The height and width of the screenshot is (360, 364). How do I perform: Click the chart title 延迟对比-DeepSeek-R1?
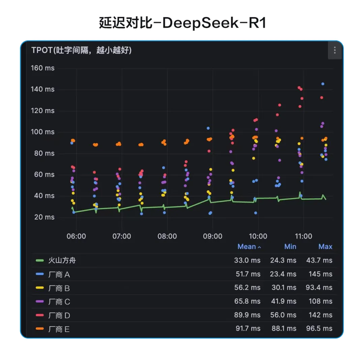click(182, 23)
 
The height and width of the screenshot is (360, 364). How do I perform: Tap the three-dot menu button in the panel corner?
click(334, 50)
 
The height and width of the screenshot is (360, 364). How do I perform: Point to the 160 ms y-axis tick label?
click(42, 68)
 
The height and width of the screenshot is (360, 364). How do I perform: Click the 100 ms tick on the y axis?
click(42, 132)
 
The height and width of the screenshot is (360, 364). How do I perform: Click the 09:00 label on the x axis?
click(212, 236)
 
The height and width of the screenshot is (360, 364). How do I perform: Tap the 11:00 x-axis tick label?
click(303, 236)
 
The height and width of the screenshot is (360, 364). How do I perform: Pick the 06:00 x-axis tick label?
click(76, 236)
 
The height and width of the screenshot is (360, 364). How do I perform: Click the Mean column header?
click(247, 247)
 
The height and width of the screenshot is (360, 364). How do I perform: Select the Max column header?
click(325, 247)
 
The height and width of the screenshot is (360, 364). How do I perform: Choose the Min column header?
click(290, 247)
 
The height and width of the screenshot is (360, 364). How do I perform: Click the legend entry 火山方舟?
click(64, 260)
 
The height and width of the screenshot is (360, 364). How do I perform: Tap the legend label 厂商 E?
click(59, 329)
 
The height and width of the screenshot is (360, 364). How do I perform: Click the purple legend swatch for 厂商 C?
click(40, 302)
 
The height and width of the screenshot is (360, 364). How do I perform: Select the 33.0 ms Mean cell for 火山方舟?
click(247, 260)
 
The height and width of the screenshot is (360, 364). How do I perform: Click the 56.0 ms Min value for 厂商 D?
click(283, 315)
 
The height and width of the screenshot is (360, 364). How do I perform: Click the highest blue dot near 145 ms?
click(323, 84)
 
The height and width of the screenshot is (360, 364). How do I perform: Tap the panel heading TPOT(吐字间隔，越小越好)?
click(81, 50)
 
